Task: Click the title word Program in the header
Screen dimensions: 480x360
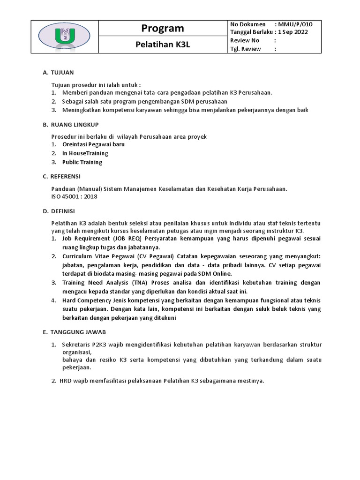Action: click(163, 29)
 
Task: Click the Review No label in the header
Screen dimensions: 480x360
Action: click(245, 40)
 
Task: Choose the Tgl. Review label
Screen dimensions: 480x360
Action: click(246, 49)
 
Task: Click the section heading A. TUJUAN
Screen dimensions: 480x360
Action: click(58, 73)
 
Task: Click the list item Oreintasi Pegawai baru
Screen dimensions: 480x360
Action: click(93, 144)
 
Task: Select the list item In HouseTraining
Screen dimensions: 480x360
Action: click(85, 153)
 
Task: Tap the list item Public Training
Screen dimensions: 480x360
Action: click(82, 162)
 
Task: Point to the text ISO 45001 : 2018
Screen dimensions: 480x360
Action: click(74, 196)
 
